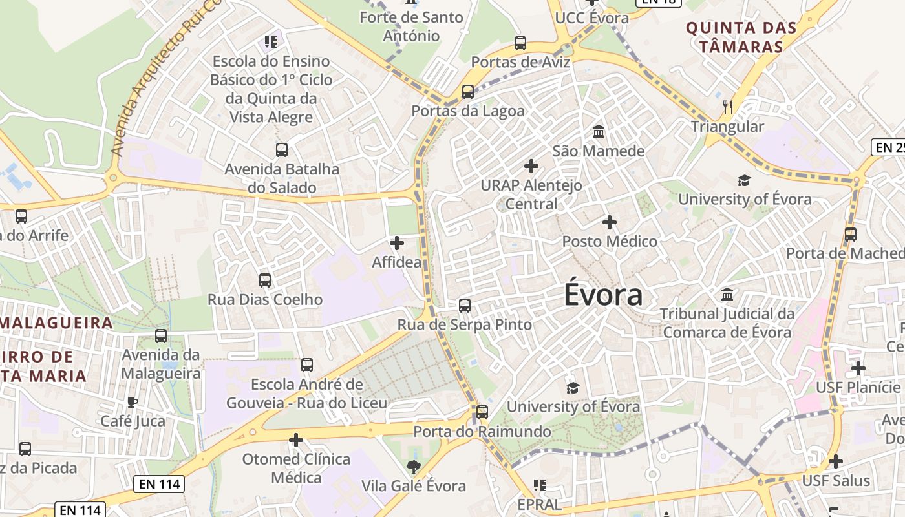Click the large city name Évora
[603, 295]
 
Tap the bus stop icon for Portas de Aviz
[520, 43]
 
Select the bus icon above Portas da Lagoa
[468, 92]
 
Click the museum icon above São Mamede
[599, 132]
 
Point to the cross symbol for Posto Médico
[609, 222]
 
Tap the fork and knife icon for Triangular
[729, 107]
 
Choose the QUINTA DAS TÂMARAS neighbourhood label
[741, 37]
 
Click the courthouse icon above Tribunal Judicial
[727, 295]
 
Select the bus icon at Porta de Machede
[851, 235]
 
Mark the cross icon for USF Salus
[836, 461]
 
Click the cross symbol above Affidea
[397, 243]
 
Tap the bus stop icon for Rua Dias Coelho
[265, 280]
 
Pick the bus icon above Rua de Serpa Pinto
[465, 306]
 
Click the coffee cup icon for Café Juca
[133, 402]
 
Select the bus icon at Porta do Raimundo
[482, 412]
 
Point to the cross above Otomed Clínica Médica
[296, 440]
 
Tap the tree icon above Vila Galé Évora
[414, 466]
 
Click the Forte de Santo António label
[411, 26]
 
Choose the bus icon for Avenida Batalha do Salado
[282, 150]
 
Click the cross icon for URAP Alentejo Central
[531, 166]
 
